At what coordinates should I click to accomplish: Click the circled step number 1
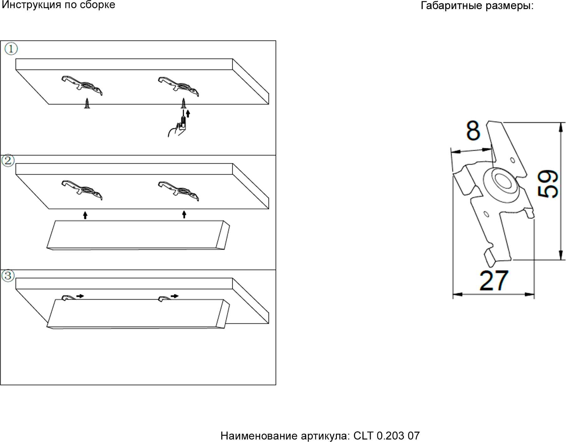[x=11, y=49]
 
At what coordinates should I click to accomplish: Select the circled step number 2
[x=8, y=161]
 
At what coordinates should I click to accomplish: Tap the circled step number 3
[x=8, y=276]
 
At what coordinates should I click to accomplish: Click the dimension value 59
[x=548, y=184]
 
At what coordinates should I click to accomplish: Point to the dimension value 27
[x=494, y=281]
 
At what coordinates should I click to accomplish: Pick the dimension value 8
[x=473, y=130]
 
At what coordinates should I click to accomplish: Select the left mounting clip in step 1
[x=82, y=85]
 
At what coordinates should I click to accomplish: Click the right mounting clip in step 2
[x=178, y=190]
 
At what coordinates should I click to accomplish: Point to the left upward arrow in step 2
[x=85, y=215]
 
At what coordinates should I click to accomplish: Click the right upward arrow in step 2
[x=184, y=215]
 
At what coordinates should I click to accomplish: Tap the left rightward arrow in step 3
[x=80, y=296]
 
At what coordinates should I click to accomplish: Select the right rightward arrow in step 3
[x=175, y=296]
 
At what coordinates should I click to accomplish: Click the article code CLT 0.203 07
[x=386, y=436]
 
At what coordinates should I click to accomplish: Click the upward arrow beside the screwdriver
[x=188, y=113]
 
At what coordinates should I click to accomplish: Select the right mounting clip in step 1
[x=178, y=86]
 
